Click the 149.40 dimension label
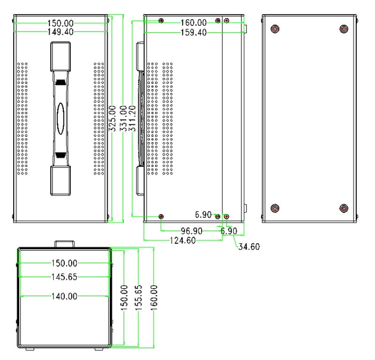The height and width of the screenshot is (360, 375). [60, 31]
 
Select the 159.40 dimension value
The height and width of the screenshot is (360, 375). [194, 32]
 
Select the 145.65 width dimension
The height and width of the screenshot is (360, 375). [64, 277]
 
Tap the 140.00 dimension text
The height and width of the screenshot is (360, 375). [64, 296]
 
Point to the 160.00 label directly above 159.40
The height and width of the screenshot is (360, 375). [194, 22]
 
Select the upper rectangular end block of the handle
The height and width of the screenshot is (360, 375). [61, 55]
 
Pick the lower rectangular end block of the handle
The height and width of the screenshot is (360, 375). [61, 181]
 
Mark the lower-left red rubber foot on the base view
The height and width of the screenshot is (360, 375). [275, 209]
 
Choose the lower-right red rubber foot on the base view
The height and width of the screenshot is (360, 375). [344, 209]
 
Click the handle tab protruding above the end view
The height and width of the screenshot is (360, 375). [65, 244]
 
